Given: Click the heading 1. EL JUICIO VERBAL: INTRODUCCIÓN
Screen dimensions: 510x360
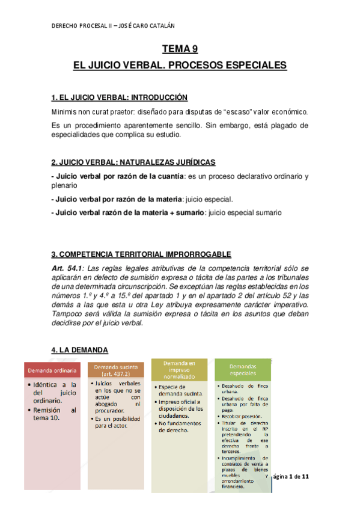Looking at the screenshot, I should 120,97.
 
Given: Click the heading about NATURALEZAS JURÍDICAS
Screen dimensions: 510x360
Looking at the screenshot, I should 133,163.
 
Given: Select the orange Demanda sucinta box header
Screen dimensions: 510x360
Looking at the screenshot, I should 117,369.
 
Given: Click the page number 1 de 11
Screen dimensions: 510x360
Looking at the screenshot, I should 298,477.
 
